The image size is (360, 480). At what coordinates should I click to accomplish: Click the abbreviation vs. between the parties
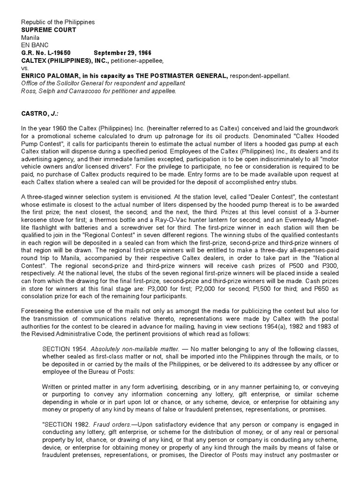pos(24,67)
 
